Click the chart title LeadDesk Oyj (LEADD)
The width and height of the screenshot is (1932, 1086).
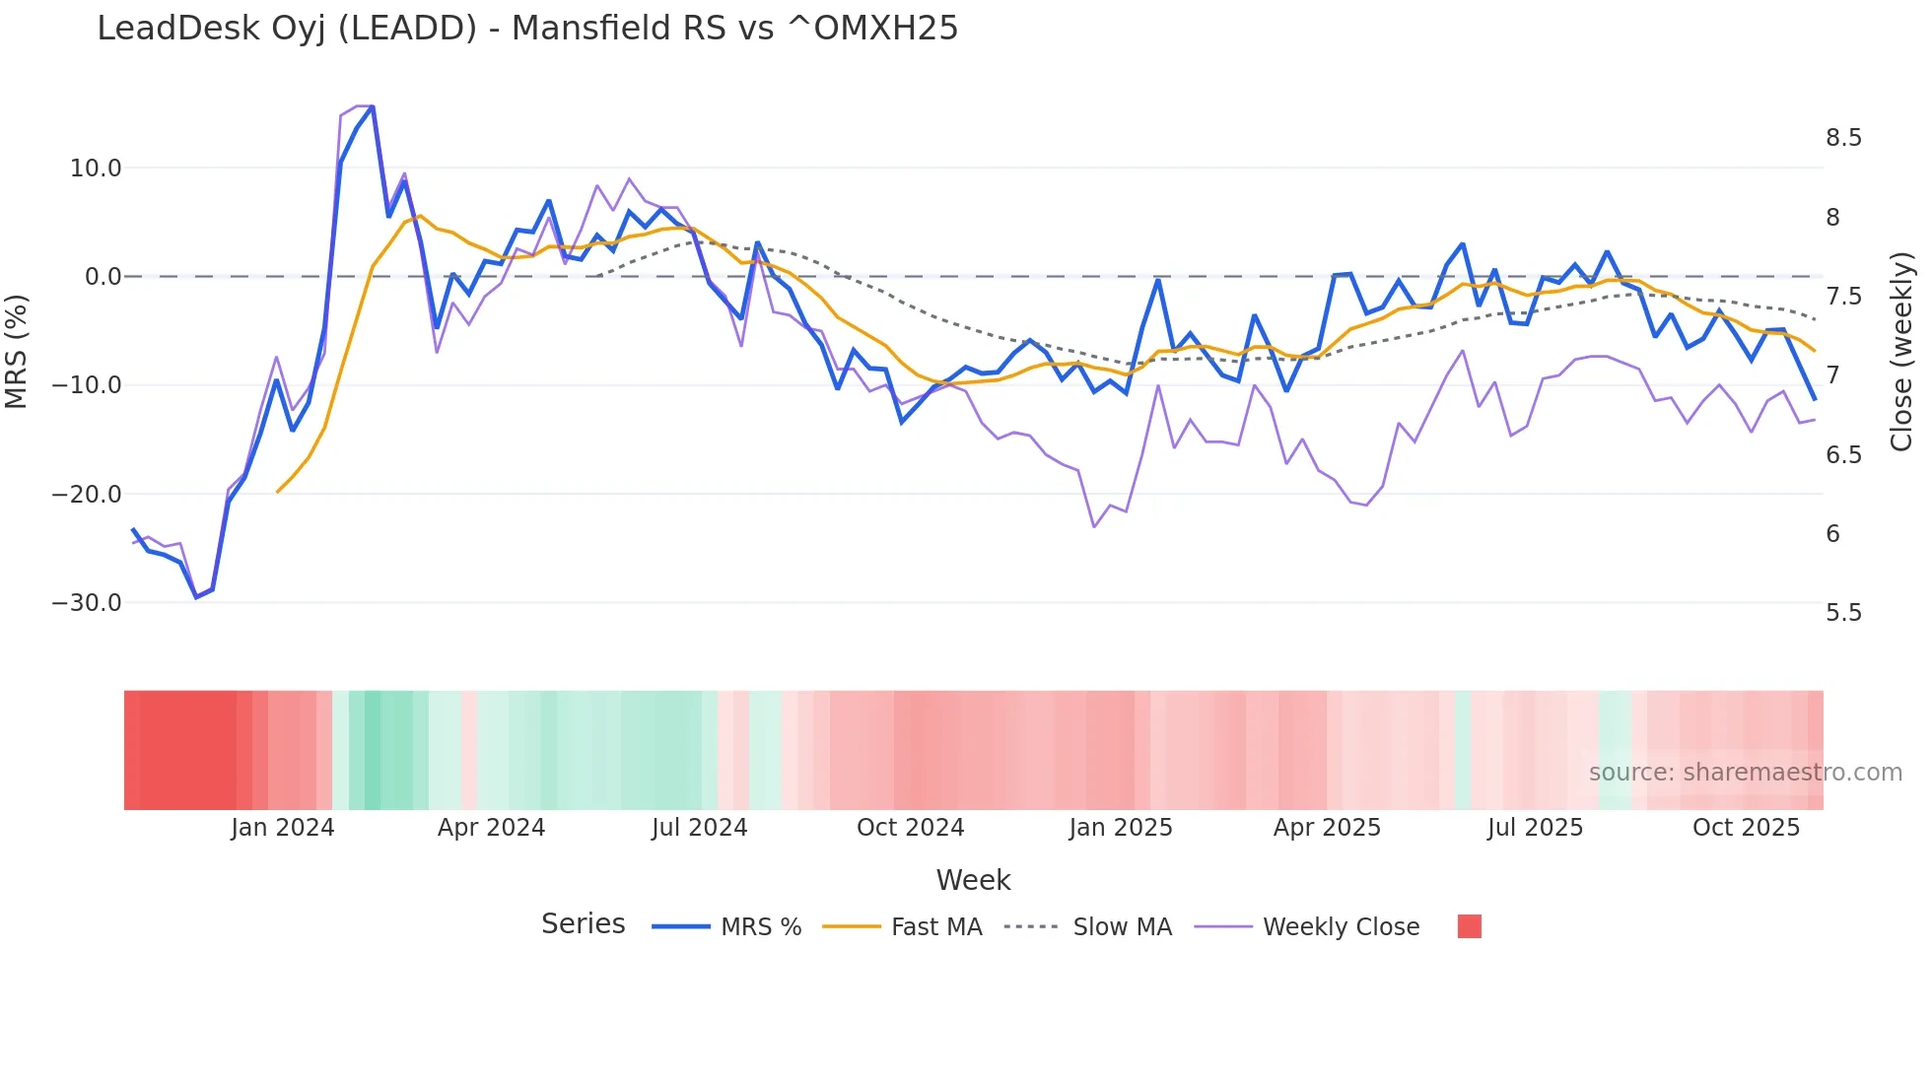click(x=527, y=28)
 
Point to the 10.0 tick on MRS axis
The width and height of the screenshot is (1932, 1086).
click(x=96, y=169)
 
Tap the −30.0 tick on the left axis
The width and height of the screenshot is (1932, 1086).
click(x=87, y=603)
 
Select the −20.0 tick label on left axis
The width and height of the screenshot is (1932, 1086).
click(x=87, y=495)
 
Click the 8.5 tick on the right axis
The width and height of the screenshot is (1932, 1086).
click(x=1843, y=138)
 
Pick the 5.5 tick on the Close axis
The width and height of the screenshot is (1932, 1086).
click(x=1843, y=613)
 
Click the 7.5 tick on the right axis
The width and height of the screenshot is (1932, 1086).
click(x=1843, y=297)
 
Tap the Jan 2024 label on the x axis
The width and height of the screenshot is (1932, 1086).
click(x=283, y=828)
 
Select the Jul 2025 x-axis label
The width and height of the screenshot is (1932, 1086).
click(x=1535, y=828)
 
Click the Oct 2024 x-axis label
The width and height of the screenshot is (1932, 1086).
click(x=910, y=828)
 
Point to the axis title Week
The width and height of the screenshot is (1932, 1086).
click(x=973, y=880)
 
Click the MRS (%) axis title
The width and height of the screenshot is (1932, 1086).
click(x=17, y=351)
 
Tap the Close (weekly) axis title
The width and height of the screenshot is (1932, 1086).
click(x=1901, y=351)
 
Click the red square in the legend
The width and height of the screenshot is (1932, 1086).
click(x=1469, y=926)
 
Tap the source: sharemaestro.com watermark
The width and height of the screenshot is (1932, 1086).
click(x=1745, y=773)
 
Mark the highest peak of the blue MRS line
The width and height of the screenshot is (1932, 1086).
click(x=373, y=106)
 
